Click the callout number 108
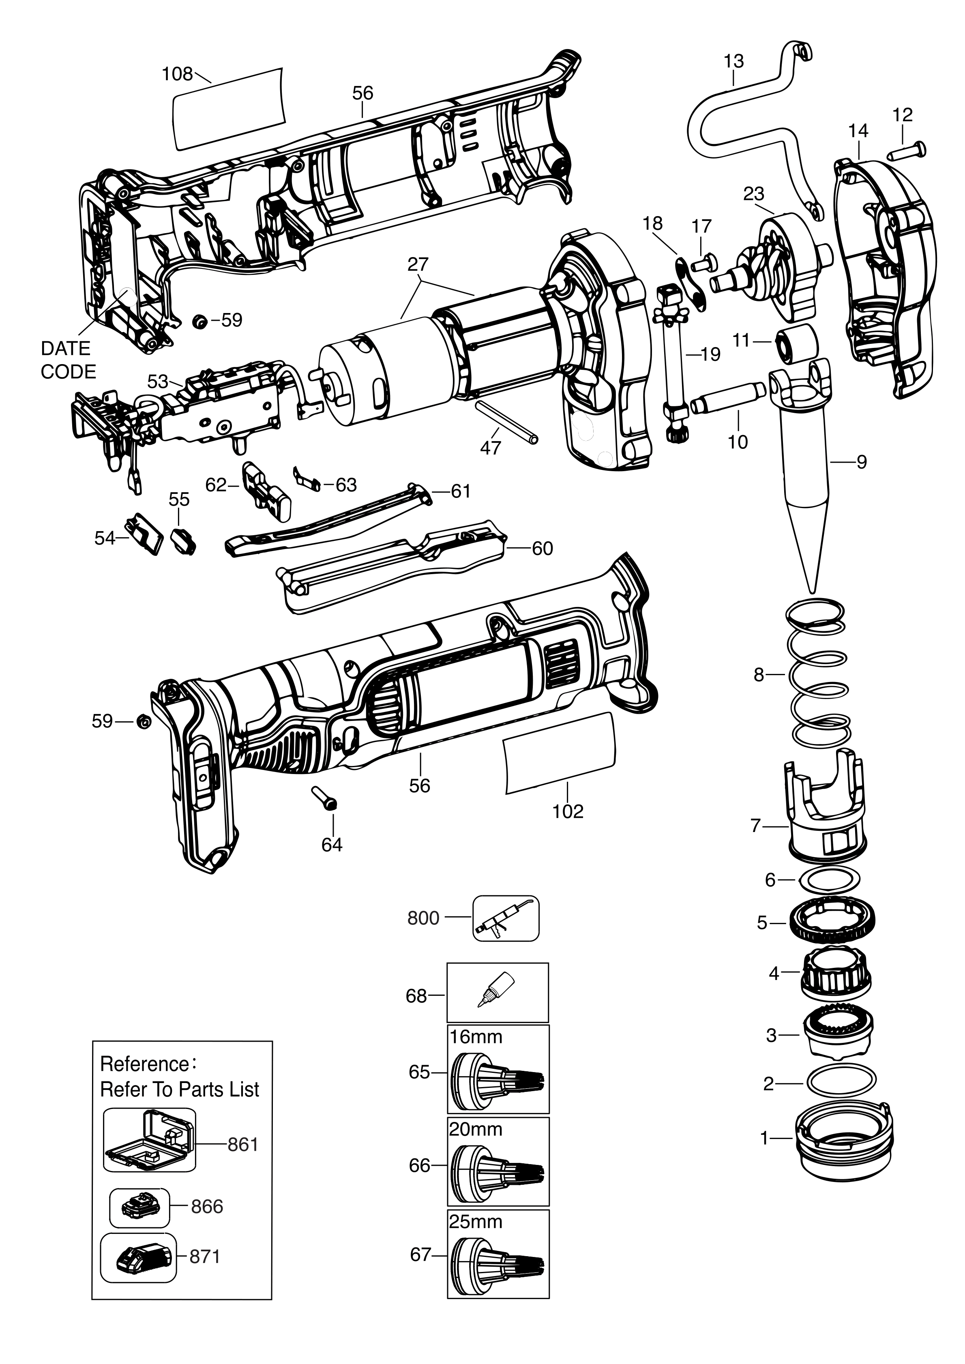[x=177, y=74]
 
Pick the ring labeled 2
[x=841, y=1084]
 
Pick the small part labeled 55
[x=183, y=540]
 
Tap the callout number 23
[x=753, y=194]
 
